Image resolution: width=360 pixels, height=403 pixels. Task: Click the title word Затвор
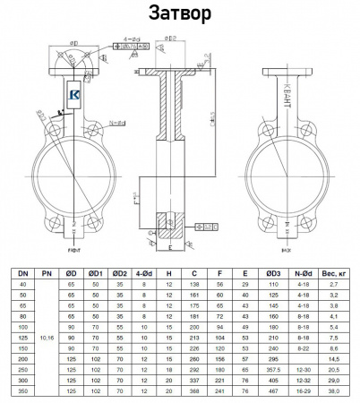[x=179, y=15]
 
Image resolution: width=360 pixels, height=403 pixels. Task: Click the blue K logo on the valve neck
[x=73, y=93]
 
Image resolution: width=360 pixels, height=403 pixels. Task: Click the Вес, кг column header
[x=333, y=272]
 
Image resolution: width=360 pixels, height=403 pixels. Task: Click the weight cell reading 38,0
[x=333, y=391]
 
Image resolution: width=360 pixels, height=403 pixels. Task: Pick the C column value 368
[x=193, y=391]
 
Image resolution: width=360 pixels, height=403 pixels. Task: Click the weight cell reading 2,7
[x=333, y=283]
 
